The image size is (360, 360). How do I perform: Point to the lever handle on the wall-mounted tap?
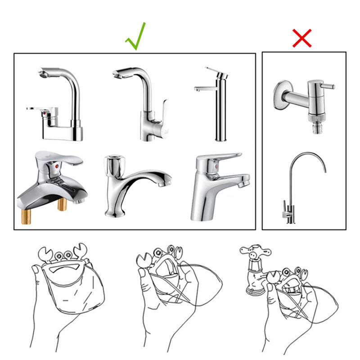pos(328,86)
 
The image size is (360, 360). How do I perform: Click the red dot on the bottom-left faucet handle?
pos(55,166)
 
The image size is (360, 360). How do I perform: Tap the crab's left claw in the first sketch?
pos(46,254)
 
